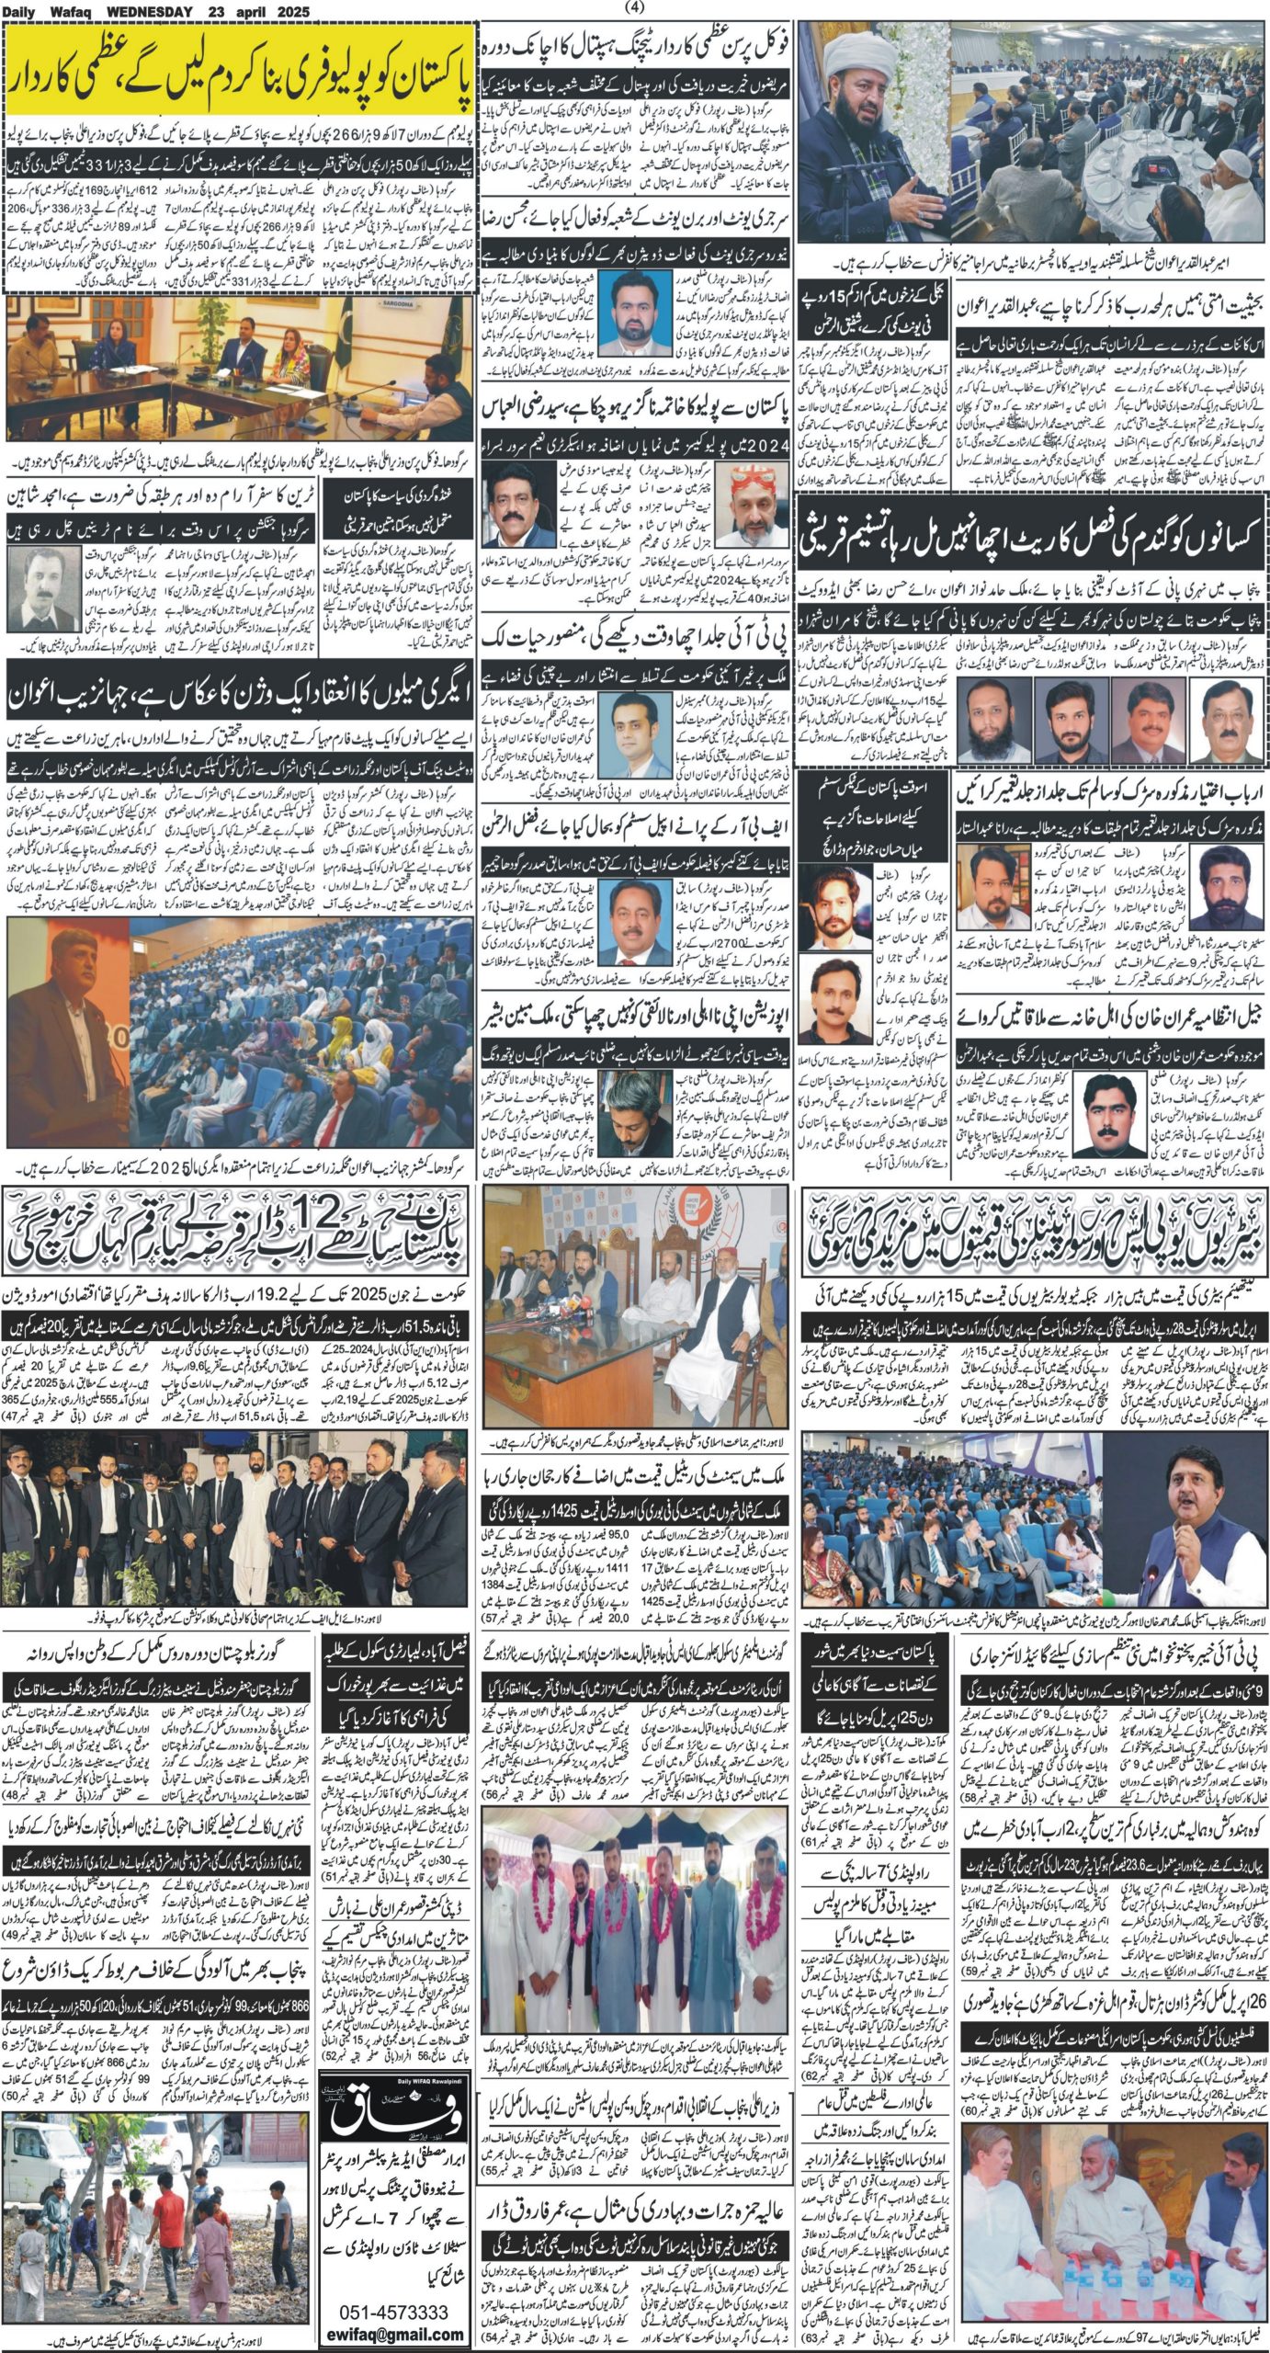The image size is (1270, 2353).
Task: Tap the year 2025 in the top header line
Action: click(285, 12)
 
